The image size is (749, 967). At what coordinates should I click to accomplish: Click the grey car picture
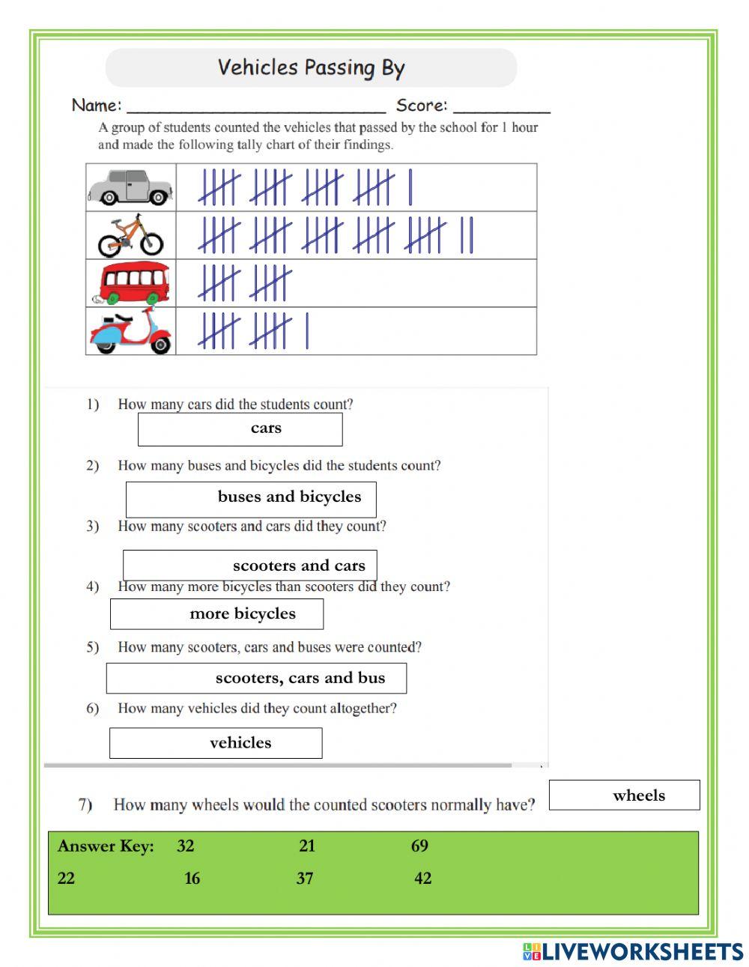(130, 187)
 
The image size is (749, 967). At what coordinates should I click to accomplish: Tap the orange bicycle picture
(130, 235)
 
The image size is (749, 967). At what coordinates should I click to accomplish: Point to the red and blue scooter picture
(131, 331)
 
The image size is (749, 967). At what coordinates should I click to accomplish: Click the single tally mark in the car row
(410, 187)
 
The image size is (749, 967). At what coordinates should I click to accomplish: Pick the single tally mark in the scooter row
(307, 331)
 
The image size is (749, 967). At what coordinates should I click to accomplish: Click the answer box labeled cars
(240, 429)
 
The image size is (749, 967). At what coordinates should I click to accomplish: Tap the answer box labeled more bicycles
(216, 614)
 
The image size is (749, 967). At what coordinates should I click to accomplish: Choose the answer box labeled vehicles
(216, 743)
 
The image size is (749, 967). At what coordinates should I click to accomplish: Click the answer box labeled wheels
(624, 795)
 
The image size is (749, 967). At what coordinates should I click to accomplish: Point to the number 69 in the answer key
(419, 846)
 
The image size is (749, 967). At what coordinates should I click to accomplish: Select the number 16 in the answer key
(192, 879)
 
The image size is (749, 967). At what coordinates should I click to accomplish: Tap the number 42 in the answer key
(423, 879)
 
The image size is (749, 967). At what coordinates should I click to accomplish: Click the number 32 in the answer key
(186, 846)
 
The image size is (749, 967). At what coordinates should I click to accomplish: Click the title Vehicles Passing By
(311, 68)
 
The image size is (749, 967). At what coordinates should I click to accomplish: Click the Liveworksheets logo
(633, 951)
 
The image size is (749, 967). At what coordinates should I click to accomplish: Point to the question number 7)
(85, 805)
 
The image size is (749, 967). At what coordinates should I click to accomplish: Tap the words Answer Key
(106, 846)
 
